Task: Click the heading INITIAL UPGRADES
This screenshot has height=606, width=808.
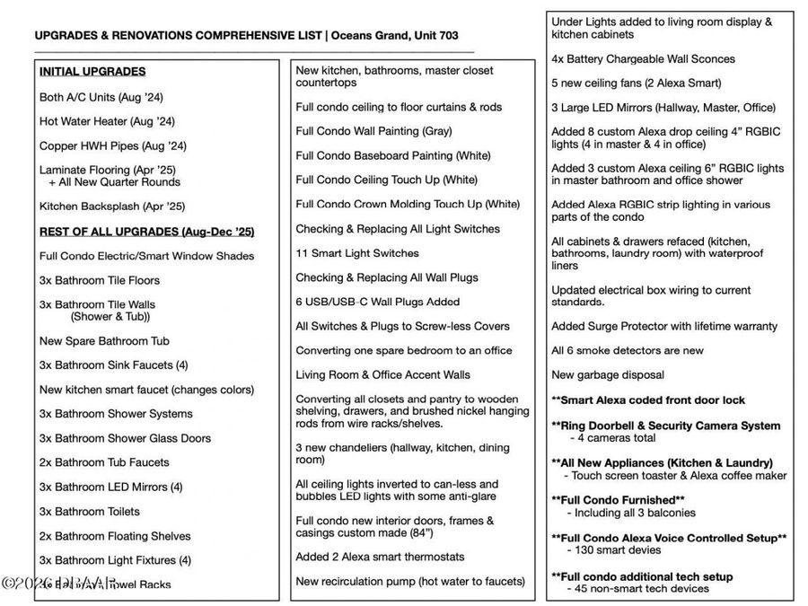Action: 92,72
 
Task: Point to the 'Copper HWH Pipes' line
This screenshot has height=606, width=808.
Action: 112,145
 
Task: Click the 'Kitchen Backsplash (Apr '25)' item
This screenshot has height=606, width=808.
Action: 112,206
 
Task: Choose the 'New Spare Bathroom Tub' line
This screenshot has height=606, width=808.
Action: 104,341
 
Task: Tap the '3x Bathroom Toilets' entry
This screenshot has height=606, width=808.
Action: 90,512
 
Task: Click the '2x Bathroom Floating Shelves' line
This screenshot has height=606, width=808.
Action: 115,536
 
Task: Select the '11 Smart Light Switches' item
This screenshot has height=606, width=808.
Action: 357,253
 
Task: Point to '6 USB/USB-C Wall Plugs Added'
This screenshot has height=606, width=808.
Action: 377,302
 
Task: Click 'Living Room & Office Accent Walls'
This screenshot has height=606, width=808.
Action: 383,374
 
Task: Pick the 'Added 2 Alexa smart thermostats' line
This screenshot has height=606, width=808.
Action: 381,557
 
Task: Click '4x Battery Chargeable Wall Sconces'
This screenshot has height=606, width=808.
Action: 643,59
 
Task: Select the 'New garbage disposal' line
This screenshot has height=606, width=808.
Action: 608,374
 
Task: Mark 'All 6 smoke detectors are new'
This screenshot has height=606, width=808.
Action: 628,350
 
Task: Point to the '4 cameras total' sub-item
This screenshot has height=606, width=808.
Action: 613,438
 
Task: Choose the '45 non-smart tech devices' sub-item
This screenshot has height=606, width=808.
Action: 638,589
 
